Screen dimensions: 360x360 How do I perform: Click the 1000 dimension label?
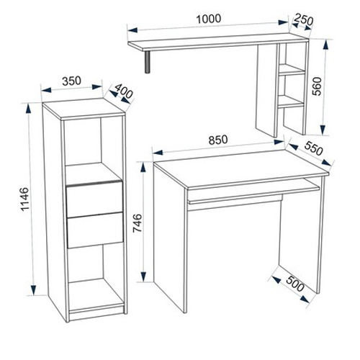(x=209, y=19)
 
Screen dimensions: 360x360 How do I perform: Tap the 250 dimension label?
(x=304, y=19)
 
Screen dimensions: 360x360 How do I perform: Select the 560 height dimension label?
(x=318, y=86)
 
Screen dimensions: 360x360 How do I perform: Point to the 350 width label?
(x=71, y=81)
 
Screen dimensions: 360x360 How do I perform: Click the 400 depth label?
(x=123, y=91)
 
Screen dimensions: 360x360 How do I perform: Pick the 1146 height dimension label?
(x=24, y=199)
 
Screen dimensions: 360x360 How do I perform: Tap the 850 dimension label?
(x=218, y=140)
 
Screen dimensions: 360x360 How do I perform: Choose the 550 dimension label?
(x=314, y=148)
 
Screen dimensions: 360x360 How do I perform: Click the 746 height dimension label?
(x=138, y=223)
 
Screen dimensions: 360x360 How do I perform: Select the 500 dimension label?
(x=295, y=284)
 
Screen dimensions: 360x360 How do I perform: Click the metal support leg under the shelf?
(x=148, y=62)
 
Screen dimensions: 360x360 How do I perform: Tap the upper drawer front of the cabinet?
(x=95, y=199)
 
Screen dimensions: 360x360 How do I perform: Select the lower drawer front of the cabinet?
(x=95, y=230)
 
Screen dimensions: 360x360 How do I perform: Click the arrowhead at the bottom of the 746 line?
(x=143, y=276)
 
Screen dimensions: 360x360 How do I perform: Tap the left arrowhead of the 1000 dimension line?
(x=132, y=30)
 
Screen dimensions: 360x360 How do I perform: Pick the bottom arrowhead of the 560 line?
(x=323, y=130)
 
